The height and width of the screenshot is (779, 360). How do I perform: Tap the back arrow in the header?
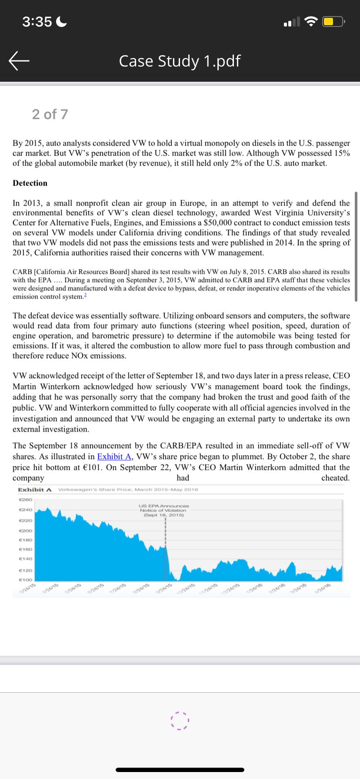coord(19,61)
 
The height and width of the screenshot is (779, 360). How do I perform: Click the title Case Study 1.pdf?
coord(180,61)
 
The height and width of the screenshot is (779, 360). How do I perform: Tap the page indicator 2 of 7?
coord(50,114)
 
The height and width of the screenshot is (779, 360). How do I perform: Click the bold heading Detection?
coord(30,183)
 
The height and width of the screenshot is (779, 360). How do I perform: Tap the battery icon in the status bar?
coord(334,21)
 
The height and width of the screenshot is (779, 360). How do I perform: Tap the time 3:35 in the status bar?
coord(37,21)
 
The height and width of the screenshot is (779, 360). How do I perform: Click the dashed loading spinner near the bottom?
coord(180,720)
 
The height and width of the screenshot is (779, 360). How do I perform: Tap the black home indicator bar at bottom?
coord(180,769)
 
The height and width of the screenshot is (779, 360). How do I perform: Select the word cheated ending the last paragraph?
coord(335,478)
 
